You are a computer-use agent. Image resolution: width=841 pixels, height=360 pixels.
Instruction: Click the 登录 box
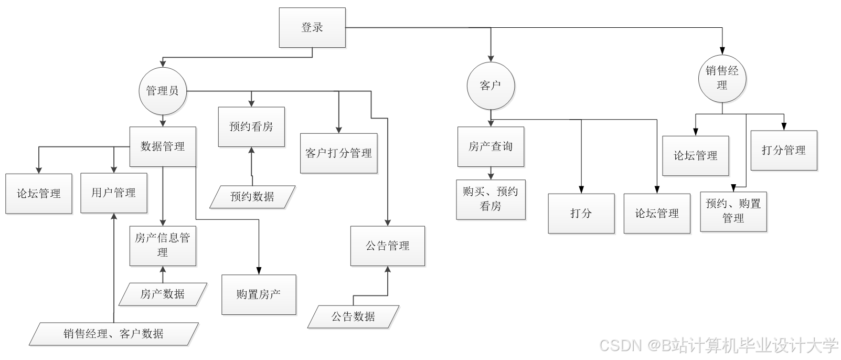(312, 28)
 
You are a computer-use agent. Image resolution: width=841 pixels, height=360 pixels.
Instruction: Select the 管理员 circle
(163, 91)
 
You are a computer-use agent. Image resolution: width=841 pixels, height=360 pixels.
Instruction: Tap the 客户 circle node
(491, 86)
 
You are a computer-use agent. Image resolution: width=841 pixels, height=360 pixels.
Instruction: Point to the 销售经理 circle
(722, 78)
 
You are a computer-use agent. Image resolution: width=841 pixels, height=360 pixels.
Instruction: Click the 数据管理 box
(163, 147)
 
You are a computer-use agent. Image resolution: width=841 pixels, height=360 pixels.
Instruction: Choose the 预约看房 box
(251, 127)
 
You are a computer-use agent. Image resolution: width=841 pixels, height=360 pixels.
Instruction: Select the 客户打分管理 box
(339, 153)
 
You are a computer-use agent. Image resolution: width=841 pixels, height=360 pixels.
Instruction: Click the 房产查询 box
(491, 147)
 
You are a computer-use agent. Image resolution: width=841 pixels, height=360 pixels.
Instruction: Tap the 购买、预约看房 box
(491, 199)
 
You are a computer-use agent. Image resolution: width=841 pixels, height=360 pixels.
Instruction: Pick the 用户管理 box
(114, 193)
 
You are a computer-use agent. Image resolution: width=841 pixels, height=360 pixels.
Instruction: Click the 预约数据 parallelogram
(252, 197)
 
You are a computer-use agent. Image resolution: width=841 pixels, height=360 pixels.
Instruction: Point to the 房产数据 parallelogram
(163, 294)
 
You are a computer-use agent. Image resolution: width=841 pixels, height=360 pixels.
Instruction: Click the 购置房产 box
(259, 294)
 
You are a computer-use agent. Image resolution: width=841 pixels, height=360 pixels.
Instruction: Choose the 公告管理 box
(388, 246)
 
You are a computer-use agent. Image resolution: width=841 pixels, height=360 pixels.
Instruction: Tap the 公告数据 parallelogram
(353, 316)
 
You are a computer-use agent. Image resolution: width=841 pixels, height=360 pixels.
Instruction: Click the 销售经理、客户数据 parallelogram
(114, 334)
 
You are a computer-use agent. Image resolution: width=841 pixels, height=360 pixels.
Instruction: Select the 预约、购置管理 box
(733, 211)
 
